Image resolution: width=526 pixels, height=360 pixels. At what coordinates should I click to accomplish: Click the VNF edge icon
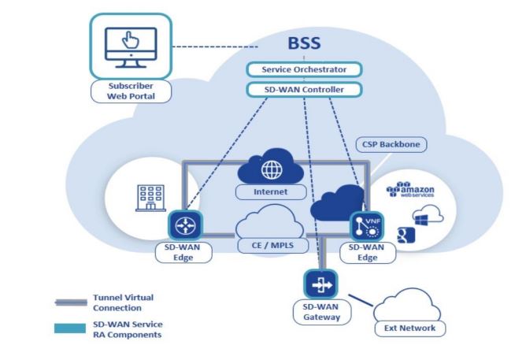(365, 227)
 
